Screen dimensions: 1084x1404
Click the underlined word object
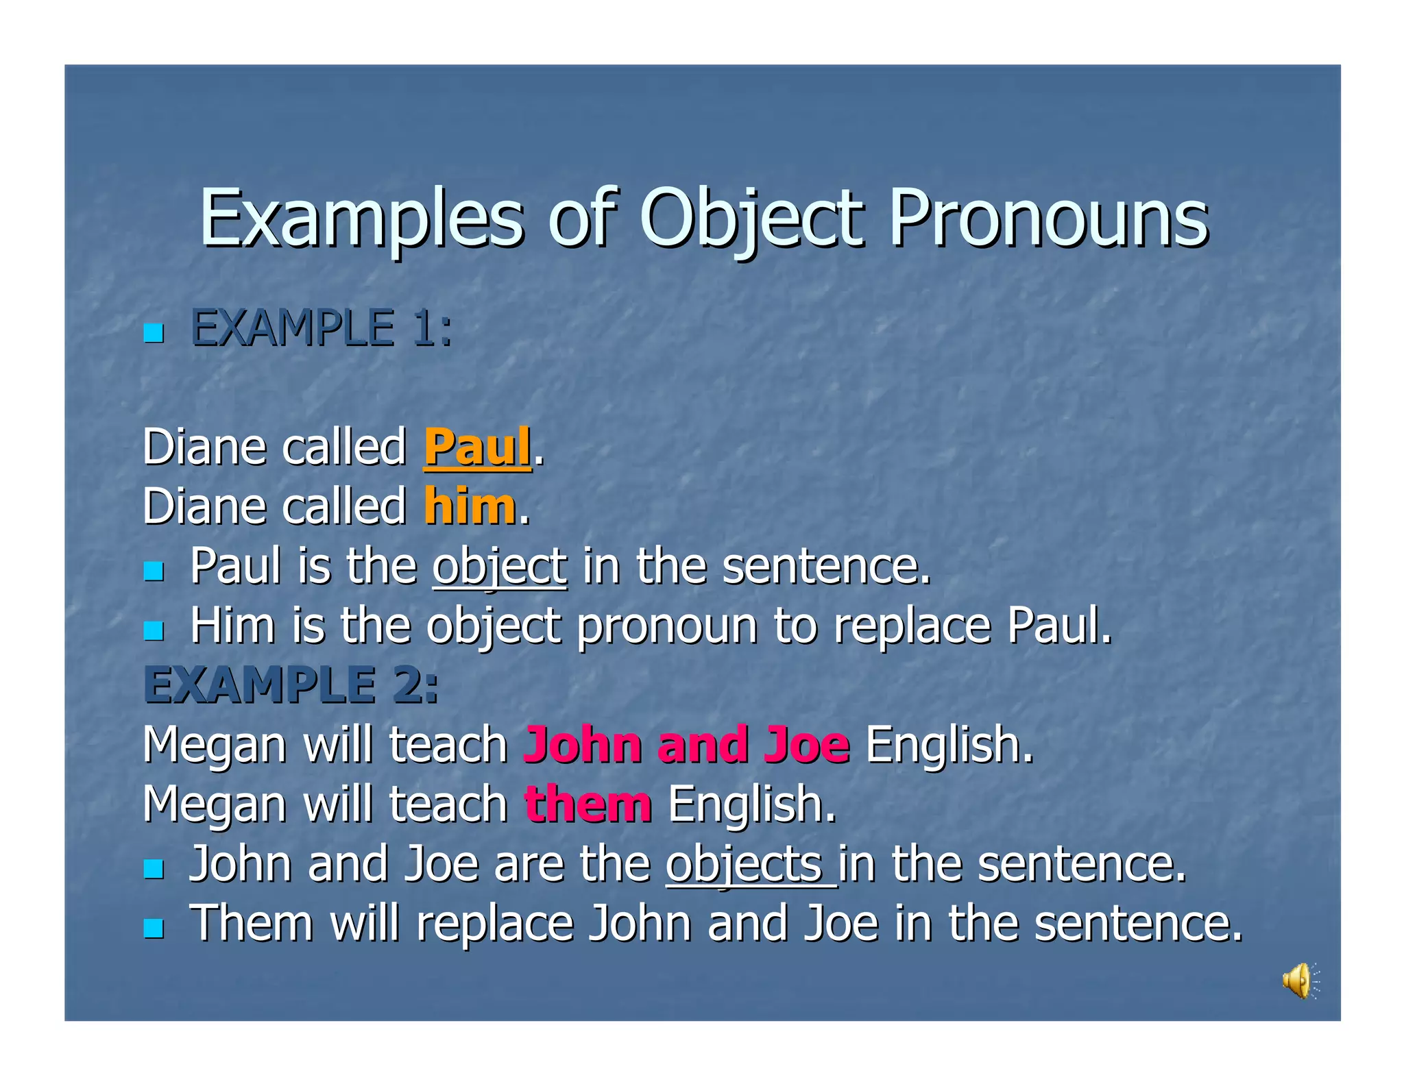(500, 567)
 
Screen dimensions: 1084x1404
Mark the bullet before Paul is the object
(154, 571)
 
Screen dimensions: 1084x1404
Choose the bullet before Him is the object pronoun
(154, 630)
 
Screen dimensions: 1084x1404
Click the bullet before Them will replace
(154, 928)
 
